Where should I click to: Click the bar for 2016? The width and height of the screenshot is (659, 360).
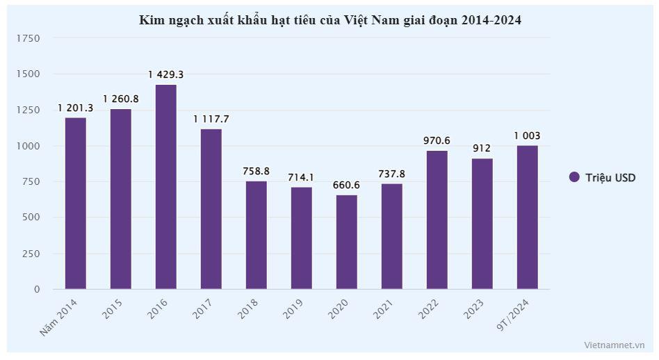tap(165, 186)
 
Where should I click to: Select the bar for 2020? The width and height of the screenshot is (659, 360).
tap(346, 241)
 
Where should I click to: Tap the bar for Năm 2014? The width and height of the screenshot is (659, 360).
tap(75, 203)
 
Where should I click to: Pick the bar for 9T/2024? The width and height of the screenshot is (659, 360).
tap(527, 217)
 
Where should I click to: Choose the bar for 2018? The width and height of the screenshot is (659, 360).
tap(256, 234)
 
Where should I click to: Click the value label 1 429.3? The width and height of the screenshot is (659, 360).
tap(165, 74)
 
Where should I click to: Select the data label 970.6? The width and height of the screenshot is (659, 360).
tap(437, 140)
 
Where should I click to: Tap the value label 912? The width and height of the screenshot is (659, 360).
tap(482, 149)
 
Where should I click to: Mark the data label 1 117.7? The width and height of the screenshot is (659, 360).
tap(211, 119)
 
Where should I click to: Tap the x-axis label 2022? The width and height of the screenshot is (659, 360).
tap(430, 309)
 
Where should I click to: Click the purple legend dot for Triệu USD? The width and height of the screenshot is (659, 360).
tap(574, 177)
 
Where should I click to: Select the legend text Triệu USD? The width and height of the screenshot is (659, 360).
tap(610, 177)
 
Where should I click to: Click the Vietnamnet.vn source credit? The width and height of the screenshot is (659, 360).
tap(615, 344)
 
